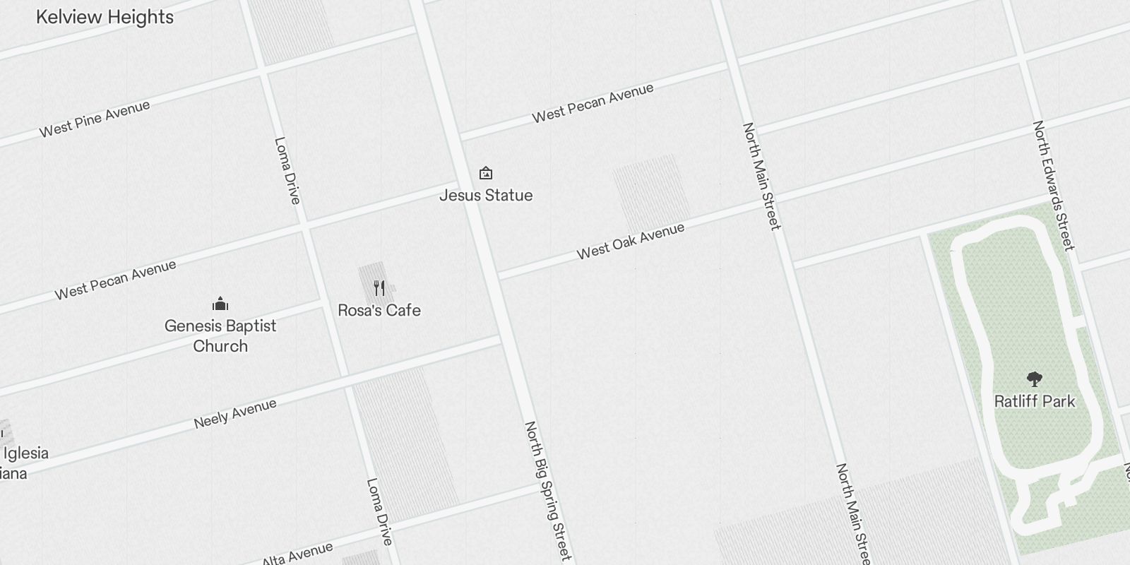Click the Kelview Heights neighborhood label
pos(105,17)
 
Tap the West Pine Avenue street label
pos(95,119)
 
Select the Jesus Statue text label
pos(486,195)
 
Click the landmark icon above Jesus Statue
pos(486,173)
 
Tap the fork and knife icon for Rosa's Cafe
pos(379,288)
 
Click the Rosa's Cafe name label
pos(379,310)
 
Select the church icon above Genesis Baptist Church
pos(220,304)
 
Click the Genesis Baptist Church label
pos(220,335)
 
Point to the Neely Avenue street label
pos(235,414)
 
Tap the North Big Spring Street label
pos(547,491)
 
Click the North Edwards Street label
pos(1054,185)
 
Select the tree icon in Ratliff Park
pos(1035,379)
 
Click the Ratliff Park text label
pos(1035,401)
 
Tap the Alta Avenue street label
pos(297,554)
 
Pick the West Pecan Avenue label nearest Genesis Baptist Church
pos(116,280)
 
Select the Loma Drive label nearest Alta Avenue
pos(379,511)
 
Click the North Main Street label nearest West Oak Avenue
pos(761,176)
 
